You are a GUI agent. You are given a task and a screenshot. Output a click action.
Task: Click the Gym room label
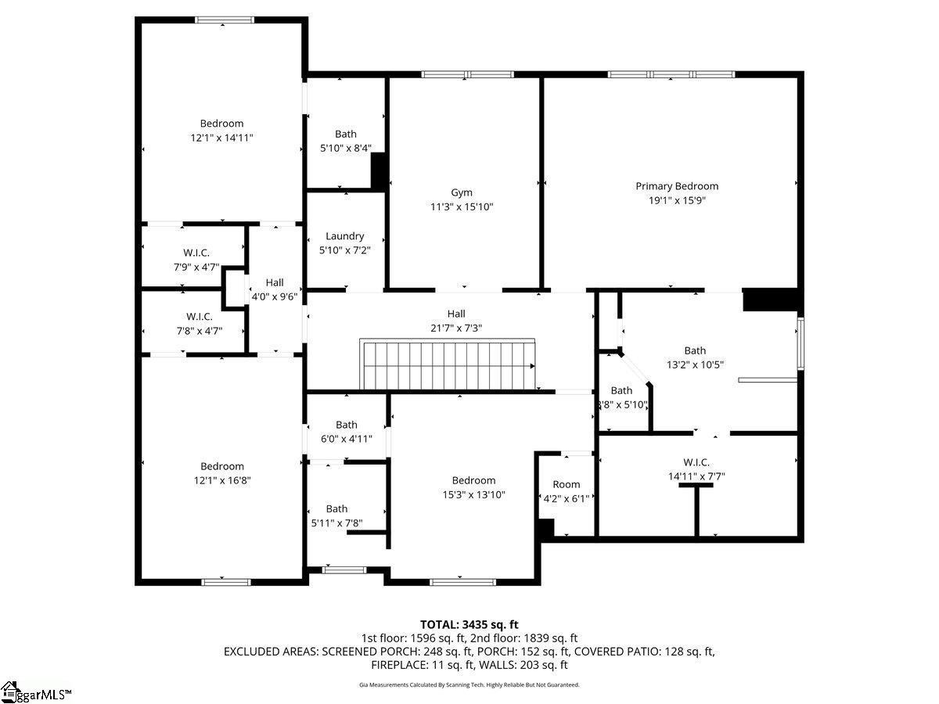(462, 192)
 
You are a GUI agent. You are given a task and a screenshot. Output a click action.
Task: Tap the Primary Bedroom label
(677, 186)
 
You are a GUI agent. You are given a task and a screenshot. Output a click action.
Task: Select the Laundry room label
(345, 236)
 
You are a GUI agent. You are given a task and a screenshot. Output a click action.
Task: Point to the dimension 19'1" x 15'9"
(677, 200)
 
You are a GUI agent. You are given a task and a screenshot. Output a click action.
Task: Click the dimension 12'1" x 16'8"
(222, 480)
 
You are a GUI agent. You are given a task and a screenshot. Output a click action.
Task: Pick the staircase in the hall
(447, 365)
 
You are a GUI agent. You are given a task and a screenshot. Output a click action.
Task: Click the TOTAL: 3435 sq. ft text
(469, 624)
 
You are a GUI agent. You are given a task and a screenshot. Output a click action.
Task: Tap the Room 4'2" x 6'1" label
(567, 491)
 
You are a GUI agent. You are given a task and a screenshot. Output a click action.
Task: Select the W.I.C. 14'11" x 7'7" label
(696, 469)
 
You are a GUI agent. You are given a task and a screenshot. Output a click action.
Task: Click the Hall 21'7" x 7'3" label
(456, 321)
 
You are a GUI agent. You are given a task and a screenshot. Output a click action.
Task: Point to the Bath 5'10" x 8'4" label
(346, 141)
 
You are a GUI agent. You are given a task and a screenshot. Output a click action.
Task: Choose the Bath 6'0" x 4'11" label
(347, 432)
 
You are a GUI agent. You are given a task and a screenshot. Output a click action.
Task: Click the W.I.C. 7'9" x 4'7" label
(196, 260)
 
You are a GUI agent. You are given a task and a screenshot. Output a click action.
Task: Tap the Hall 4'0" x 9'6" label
(274, 289)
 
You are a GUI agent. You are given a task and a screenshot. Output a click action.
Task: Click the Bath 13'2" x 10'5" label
(695, 357)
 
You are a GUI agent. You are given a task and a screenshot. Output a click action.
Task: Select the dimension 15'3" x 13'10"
(473, 494)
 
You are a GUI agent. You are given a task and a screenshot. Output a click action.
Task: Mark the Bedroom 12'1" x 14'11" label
(221, 131)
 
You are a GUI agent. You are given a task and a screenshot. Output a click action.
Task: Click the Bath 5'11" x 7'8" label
(336, 515)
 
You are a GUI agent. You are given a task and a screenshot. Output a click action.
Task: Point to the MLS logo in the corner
(35, 691)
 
